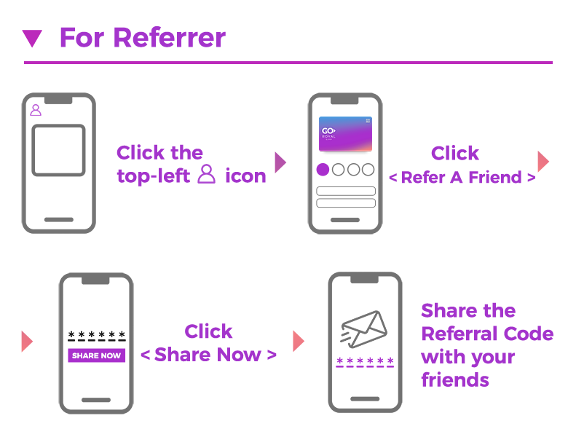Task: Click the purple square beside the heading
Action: pos(32,39)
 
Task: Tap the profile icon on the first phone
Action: pos(36,110)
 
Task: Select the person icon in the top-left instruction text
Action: pos(208,174)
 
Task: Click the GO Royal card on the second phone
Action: pos(345,133)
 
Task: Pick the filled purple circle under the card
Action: pos(323,170)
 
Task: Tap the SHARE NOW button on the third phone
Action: pos(97,355)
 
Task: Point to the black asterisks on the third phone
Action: pos(97,336)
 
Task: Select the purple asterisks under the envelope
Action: pos(365,362)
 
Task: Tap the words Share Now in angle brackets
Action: pos(208,355)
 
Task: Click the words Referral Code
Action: pos(486,334)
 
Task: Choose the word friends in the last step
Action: pos(455,379)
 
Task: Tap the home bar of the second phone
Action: pos(346,219)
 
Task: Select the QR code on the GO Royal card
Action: pos(368,121)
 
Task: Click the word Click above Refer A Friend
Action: pos(455,153)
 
